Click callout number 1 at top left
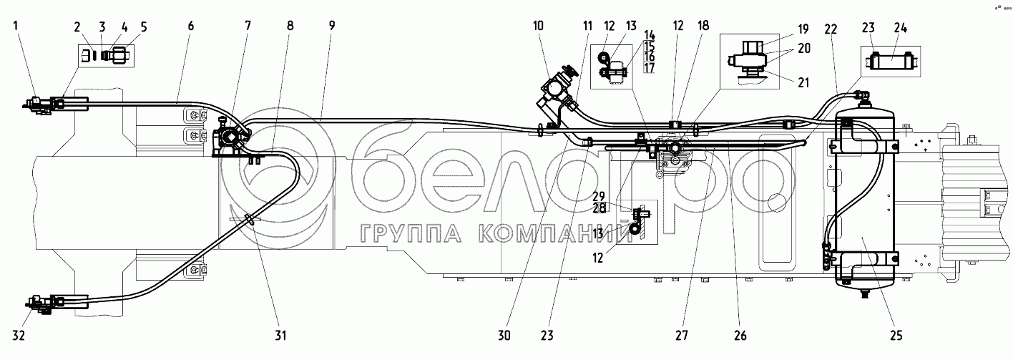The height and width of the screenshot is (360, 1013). click(x=16, y=25)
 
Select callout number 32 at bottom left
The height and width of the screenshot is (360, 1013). click(x=19, y=336)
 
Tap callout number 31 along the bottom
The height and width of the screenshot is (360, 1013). click(x=281, y=336)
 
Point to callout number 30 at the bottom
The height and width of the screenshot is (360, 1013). click(x=504, y=336)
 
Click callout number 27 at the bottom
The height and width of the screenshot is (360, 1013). click(x=682, y=336)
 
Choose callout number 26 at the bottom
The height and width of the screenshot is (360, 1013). click(x=740, y=336)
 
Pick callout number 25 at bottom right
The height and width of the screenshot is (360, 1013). click(x=896, y=336)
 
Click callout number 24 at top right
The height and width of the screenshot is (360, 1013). click(x=900, y=28)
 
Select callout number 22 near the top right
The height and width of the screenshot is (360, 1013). click(x=831, y=29)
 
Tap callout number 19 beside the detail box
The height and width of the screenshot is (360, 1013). click(x=803, y=29)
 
